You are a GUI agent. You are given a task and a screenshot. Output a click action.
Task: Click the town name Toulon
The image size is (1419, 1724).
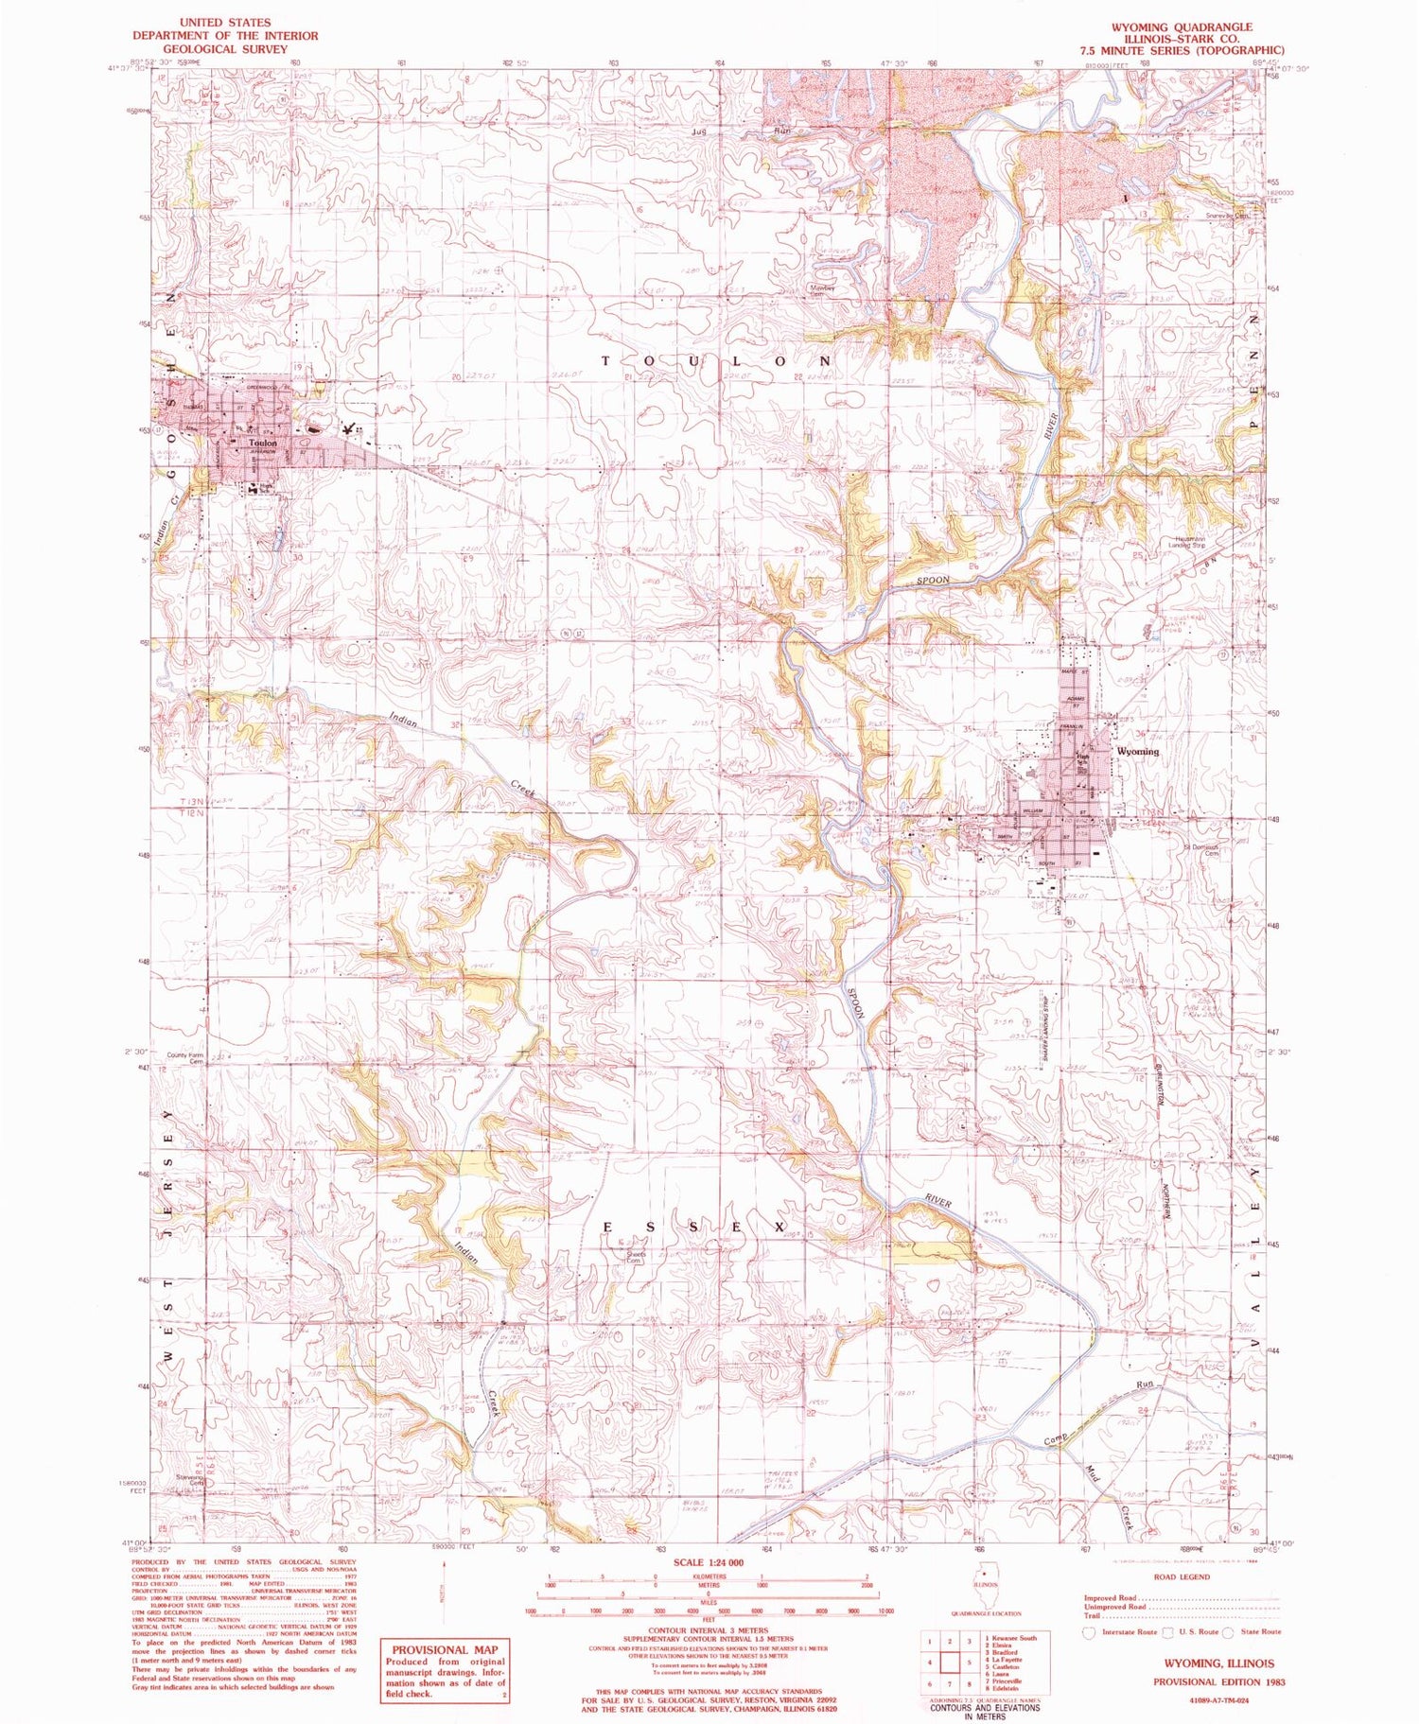(x=262, y=443)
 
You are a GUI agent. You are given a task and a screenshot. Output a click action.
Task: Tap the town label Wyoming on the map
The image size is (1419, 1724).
(x=1137, y=751)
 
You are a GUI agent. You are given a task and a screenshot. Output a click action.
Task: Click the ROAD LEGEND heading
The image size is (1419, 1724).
(x=1180, y=1577)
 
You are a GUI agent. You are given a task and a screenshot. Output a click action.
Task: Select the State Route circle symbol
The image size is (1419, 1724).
(x=1228, y=1631)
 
